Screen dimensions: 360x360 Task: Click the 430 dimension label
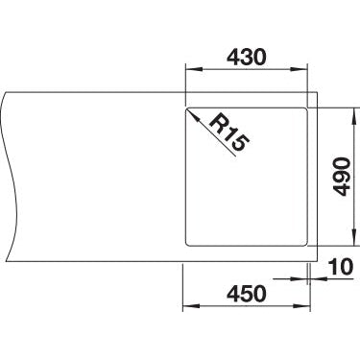[x=246, y=57]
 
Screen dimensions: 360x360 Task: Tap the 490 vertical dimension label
[x=341, y=177]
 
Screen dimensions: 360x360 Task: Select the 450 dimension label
[x=247, y=294]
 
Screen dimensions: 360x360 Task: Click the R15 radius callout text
[x=228, y=133]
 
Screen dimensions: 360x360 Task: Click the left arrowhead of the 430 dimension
[x=194, y=69]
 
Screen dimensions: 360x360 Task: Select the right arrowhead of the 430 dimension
[x=299, y=69]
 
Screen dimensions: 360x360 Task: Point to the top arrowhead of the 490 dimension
[x=354, y=116]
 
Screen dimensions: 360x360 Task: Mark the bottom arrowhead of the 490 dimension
[x=354, y=237]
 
